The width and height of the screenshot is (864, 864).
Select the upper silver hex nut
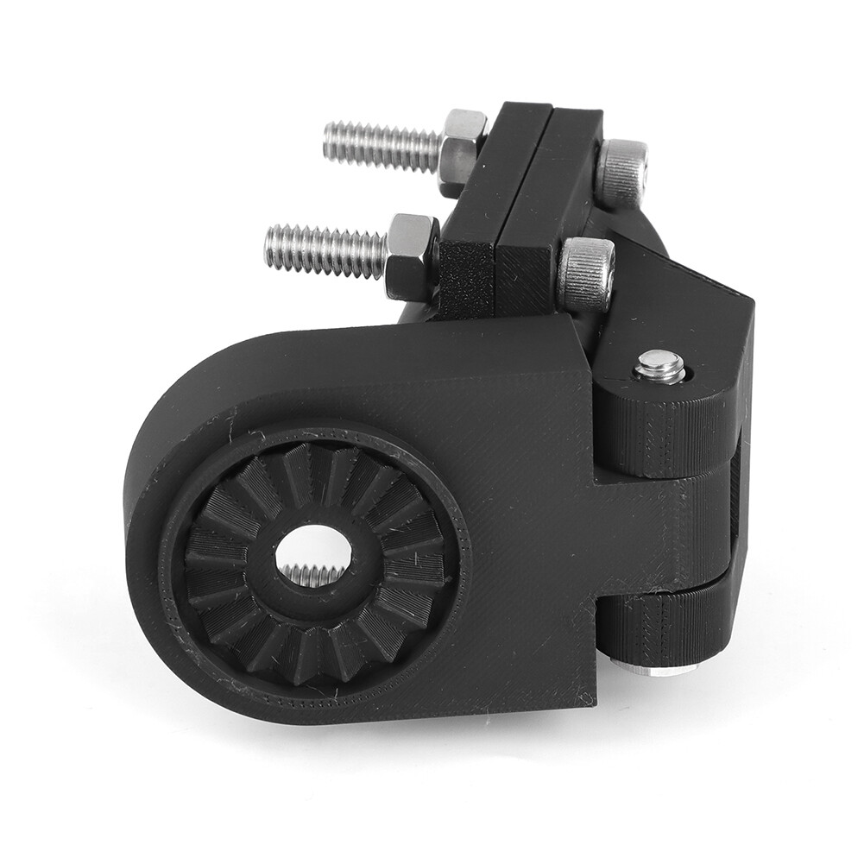coord(461,148)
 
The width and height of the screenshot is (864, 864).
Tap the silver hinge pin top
coord(660,366)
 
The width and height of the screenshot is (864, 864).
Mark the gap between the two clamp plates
coord(550,121)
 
